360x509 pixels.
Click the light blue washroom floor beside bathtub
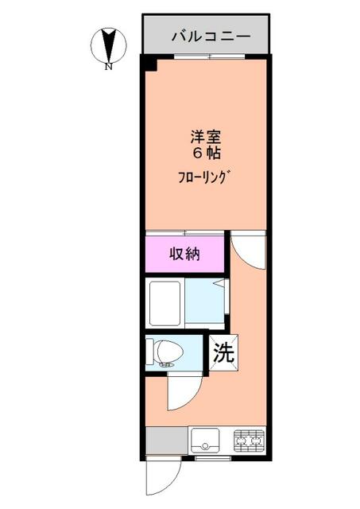(205, 302)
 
